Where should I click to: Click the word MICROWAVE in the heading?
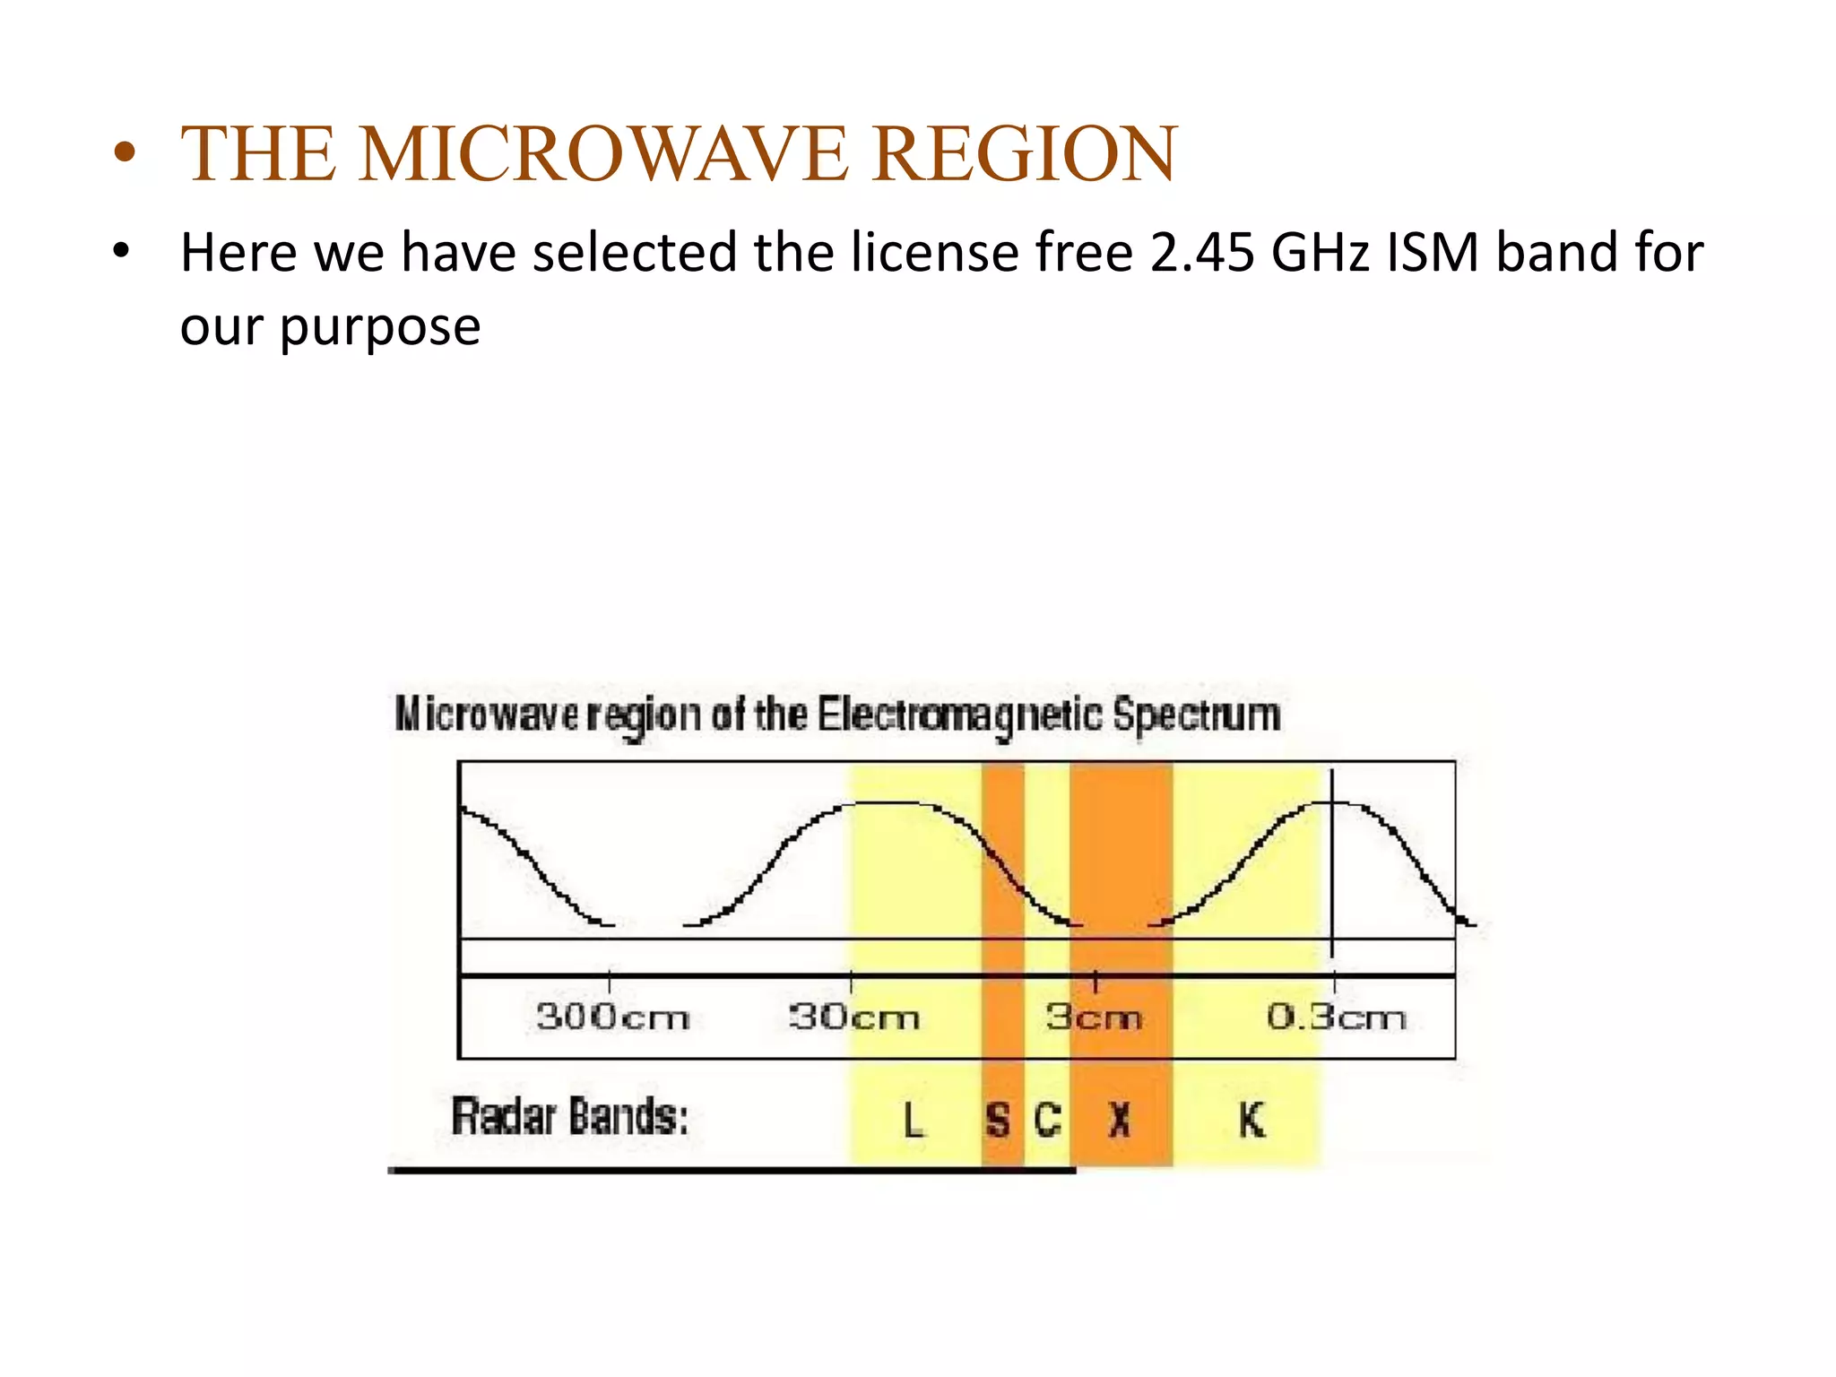pos(602,154)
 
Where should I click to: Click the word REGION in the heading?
pos(1024,154)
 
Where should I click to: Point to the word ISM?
pos(1433,253)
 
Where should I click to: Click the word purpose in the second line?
pos(380,328)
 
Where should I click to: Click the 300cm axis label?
pos(613,1018)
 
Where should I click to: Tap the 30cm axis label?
pos(854,1018)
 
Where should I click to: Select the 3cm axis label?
pos(1094,1018)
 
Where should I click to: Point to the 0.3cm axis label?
pos(1336,1018)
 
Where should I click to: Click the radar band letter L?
pos(913,1120)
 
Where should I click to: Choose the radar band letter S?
pos(998,1120)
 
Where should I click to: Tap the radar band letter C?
pos(1048,1120)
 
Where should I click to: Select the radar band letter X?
pos(1119,1120)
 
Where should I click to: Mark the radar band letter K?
pos(1251,1120)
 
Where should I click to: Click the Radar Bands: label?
pos(570,1117)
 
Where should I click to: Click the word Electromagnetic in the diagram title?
pos(960,716)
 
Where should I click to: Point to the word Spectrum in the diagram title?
pos(1197,716)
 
